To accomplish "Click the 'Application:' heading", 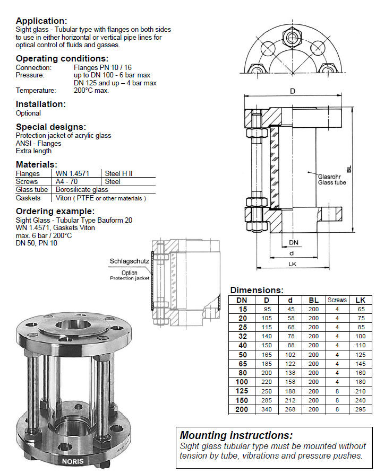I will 41,21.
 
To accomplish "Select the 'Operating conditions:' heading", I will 62,59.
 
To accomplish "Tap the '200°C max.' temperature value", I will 91,90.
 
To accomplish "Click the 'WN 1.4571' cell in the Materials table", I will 72,173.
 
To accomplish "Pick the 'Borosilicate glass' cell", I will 82,189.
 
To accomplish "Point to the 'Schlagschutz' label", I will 125,261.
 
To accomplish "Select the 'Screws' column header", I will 337,300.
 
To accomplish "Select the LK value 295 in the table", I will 361,410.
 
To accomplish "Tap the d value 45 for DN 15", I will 290,309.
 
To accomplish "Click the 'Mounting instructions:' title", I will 236,435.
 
